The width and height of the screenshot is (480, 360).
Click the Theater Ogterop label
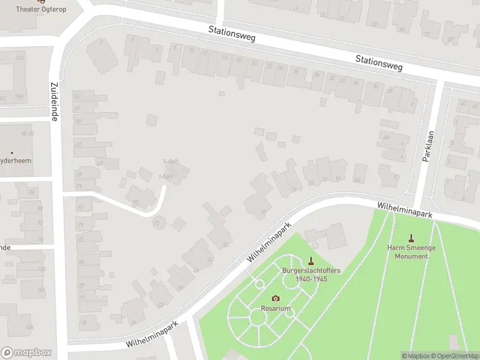tap(41, 10)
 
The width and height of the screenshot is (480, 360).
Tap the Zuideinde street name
tap(54, 102)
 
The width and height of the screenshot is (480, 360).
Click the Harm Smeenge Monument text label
tap(411, 253)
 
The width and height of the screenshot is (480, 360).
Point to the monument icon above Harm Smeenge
tap(411, 239)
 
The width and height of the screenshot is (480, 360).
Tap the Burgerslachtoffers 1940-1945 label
tap(311, 275)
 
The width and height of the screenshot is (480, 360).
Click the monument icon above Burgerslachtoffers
tap(311, 260)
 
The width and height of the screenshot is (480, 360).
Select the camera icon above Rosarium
tap(275, 298)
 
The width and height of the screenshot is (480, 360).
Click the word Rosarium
tap(275, 308)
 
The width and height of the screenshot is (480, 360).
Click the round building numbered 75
tap(158, 223)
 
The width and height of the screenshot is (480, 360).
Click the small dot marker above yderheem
tap(11, 153)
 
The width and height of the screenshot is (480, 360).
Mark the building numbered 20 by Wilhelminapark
tap(263, 211)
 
